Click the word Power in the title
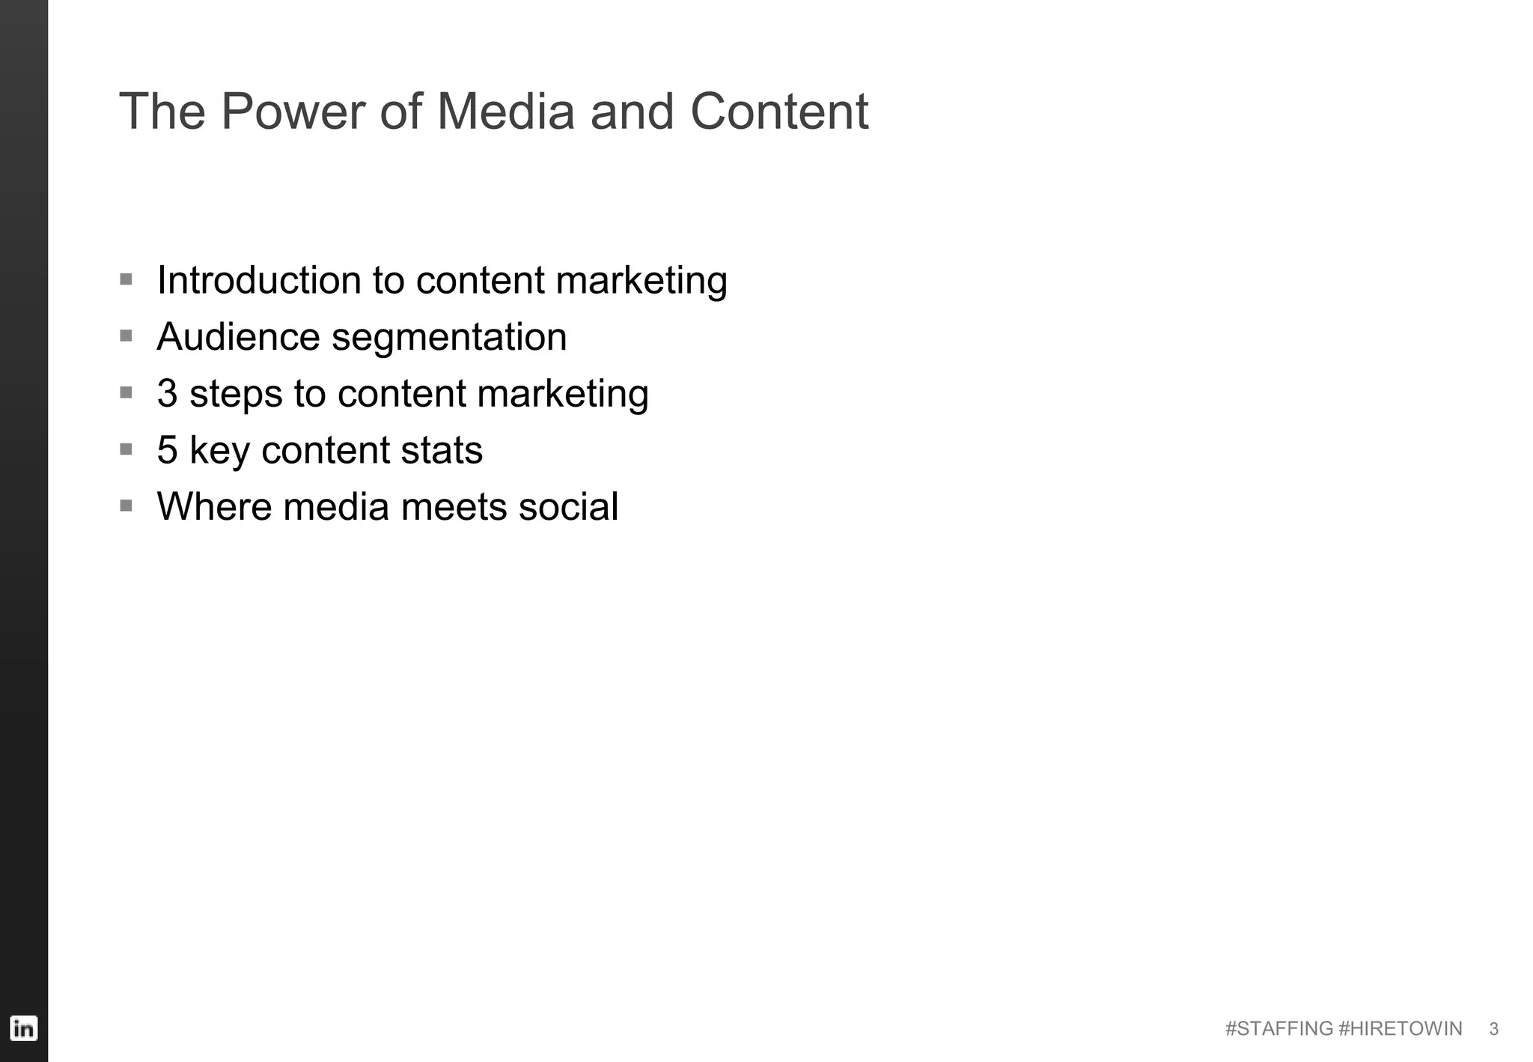pos(292,112)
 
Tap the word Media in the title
pos(506,112)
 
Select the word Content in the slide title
pos(778,112)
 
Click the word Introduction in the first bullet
pos(259,280)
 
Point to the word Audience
pos(237,337)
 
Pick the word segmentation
pos(449,337)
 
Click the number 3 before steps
pos(167,394)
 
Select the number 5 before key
pos(167,450)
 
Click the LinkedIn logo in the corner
pos(24,1028)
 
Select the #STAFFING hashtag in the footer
pos(1278,1029)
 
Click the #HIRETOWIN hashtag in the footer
pos(1400,1029)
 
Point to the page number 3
pos(1493,1029)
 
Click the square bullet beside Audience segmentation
pos(126,336)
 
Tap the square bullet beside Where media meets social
pos(126,506)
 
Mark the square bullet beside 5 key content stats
pos(126,449)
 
